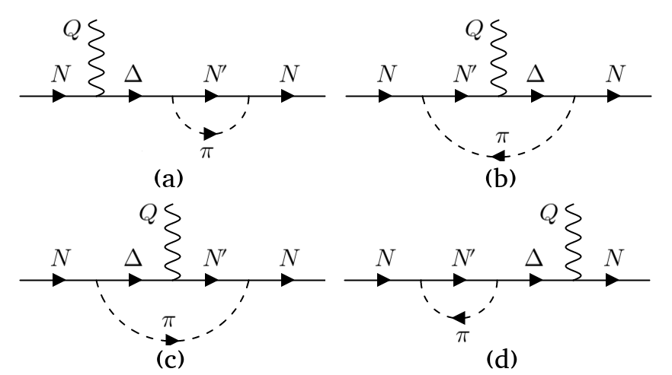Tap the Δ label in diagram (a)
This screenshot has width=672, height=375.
pos(136,75)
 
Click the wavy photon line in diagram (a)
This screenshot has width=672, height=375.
pos(96,57)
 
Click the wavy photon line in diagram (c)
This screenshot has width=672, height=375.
pos(172,242)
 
